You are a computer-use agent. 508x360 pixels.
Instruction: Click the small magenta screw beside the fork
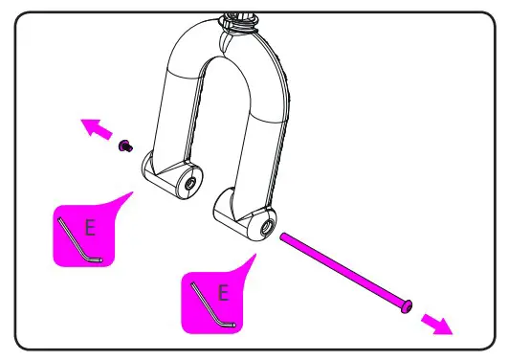pos(124,146)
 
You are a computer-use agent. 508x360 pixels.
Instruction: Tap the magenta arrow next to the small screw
pos(94,128)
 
